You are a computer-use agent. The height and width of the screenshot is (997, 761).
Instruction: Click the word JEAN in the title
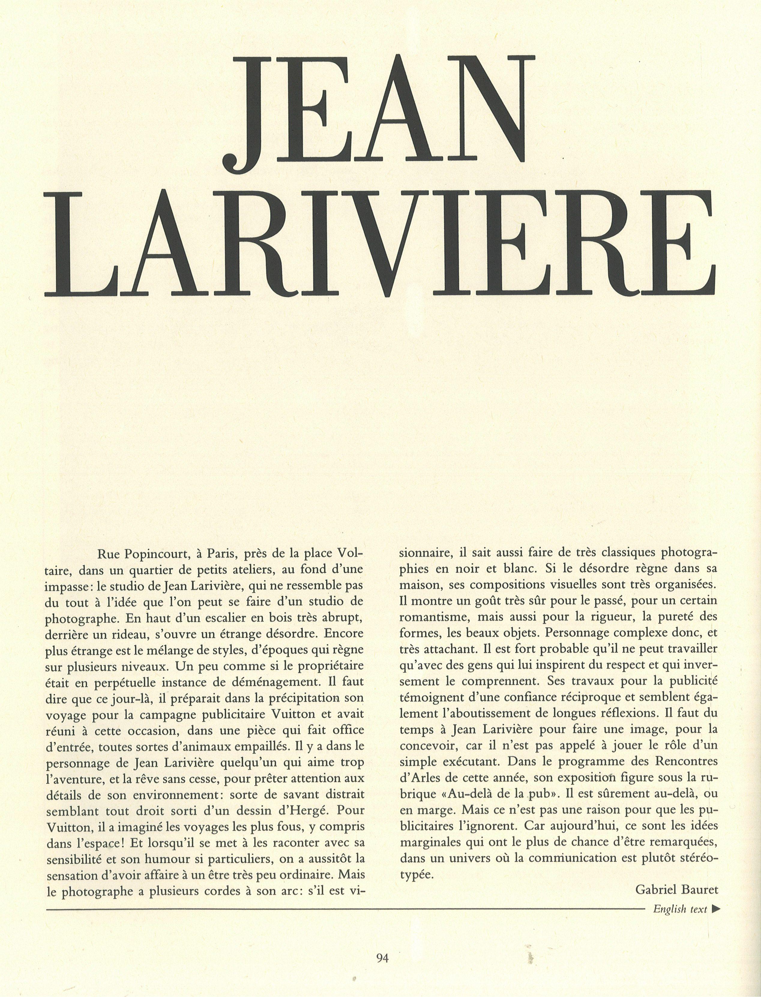pyautogui.click(x=380, y=110)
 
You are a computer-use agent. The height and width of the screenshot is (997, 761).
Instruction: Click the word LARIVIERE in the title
pyautogui.click(x=380, y=244)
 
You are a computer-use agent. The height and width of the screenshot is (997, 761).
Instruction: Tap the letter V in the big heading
pyautogui.click(x=420, y=244)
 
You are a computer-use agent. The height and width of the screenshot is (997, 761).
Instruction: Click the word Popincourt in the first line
pyautogui.click(x=149, y=554)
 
